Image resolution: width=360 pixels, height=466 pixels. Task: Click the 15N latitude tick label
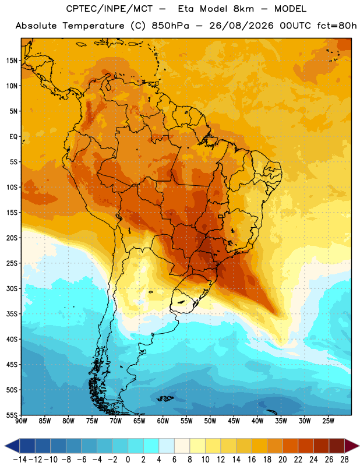(12, 61)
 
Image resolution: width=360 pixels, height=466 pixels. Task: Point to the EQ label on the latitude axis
(13, 137)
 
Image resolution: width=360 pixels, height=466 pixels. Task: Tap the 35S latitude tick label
(12, 314)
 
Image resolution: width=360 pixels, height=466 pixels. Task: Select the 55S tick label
(12, 415)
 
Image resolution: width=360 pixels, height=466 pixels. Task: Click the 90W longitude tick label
(21, 421)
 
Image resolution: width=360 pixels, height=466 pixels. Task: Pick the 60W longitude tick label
(163, 421)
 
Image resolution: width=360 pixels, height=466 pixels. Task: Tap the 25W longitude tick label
(328, 421)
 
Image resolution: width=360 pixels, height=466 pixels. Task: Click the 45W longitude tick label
(234, 421)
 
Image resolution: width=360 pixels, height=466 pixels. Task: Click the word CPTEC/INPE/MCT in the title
(110, 9)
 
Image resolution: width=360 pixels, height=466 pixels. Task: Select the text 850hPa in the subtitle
(170, 26)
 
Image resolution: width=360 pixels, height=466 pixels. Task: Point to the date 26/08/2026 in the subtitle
(241, 26)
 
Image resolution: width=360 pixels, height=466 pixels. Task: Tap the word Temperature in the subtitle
(93, 26)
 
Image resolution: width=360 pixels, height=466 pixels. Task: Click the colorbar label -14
(20, 460)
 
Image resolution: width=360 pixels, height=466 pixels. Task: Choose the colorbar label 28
(344, 460)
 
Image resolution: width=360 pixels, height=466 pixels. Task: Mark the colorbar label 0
(128, 460)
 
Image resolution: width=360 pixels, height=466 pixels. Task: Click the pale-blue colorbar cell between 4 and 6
(167, 446)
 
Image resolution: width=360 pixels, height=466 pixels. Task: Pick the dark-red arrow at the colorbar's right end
(351, 446)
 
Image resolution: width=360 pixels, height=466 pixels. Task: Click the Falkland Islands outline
(165, 398)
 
